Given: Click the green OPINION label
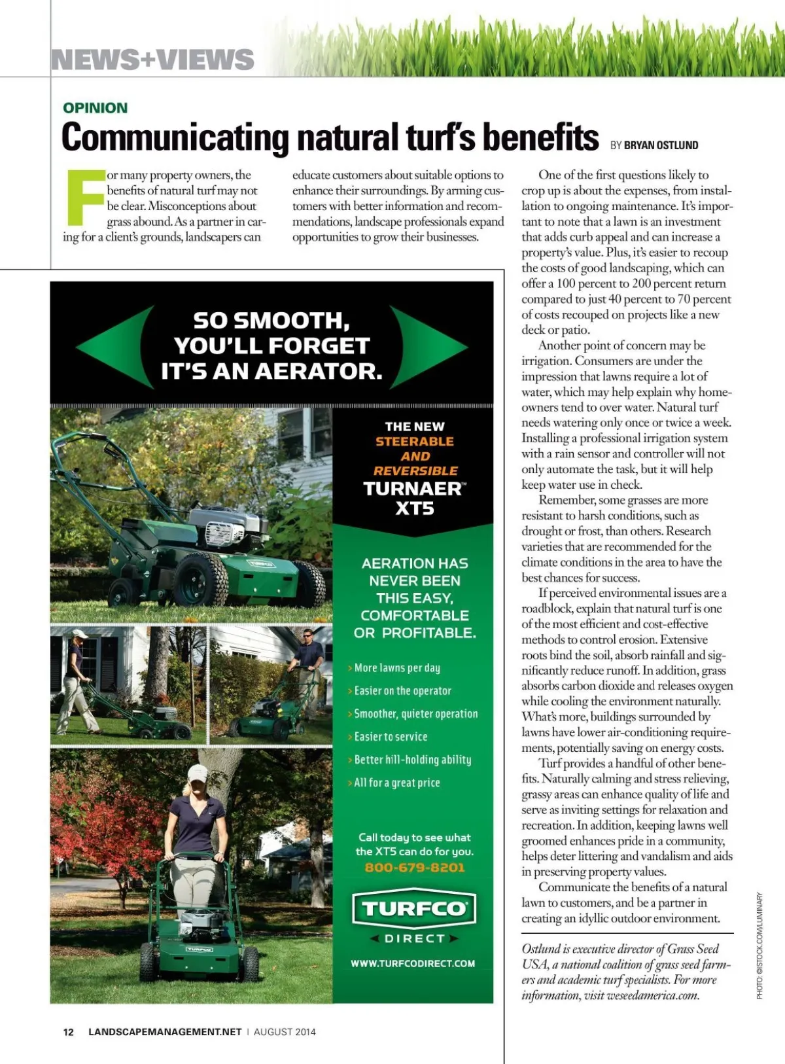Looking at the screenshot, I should click(x=95, y=108).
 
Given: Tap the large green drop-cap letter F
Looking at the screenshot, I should click(x=85, y=197).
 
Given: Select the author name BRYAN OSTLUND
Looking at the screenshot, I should click(x=661, y=145).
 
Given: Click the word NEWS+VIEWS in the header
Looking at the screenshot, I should click(x=152, y=60).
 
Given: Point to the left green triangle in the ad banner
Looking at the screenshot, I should click(x=114, y=346).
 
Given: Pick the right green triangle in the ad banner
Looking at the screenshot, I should click(x=428, y=346).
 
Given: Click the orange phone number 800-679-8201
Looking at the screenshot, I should click(x=414, y=868).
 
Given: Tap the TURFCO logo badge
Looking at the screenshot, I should click(x=414, y=908).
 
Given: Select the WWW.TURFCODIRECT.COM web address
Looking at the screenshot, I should click(x=413, y=963).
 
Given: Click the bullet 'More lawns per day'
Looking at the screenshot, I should click(x=396, y=668).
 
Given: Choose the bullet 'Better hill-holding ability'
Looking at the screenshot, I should click(x=412, y=760).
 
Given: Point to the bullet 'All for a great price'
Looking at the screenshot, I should click(x=396, y=783).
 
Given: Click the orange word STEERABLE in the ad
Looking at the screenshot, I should click(x=414, y=442).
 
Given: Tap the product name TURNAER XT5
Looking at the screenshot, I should click(x=414, y=498).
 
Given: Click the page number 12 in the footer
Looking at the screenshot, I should click(x=68, y=1032).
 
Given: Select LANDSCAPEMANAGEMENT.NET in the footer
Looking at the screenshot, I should click(x=165, y=1032).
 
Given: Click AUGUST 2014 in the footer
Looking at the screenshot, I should click(x=285, y=1032).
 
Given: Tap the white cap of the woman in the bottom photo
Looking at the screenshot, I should click(x=197, y=773).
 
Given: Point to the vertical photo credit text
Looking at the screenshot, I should click(x=759, y=946).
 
